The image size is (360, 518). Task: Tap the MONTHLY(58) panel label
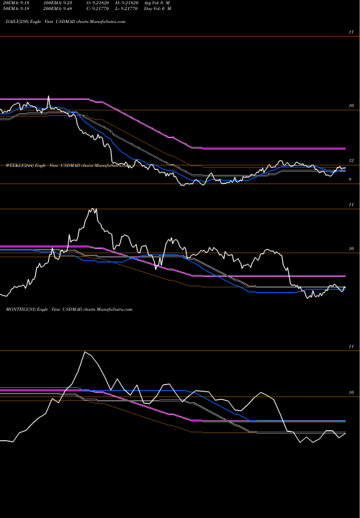pyautogui.click(x=19, y=308)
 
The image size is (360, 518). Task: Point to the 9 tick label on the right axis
pyautogui.click(x=350, y=180)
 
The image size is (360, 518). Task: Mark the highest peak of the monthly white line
pyautogui.click(x=85, y=352)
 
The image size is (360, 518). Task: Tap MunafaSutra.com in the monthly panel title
pyautogui.click(x=115, y=308)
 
